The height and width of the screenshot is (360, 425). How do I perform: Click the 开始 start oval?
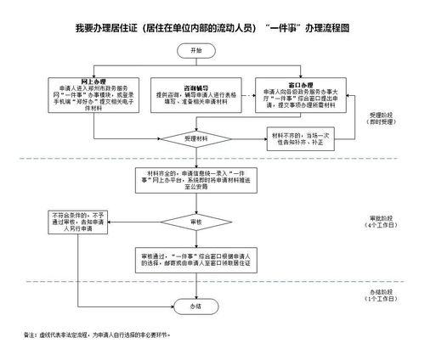coord(196,51)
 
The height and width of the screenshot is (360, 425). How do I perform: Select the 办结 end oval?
coord(196,305)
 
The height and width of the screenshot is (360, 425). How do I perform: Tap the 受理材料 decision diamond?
coord(196,138)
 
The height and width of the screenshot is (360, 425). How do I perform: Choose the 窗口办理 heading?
coord(303,86)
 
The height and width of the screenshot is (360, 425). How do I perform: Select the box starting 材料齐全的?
coord(196,180)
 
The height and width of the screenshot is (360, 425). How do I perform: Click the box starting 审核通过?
coord(196,259)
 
